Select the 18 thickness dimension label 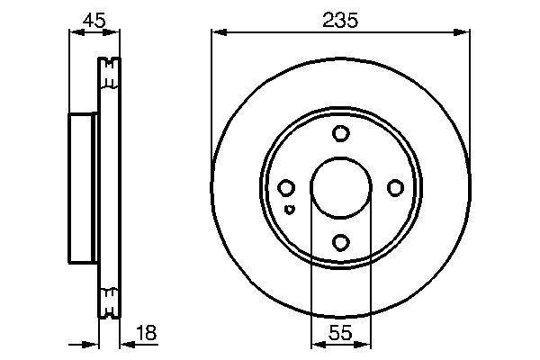coord(145,334)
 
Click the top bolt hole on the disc coord(340,134)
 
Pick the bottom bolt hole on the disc coord(340,242)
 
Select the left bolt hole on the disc coord(286,188)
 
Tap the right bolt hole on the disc coord(394,188)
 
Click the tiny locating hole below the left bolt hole coord(289,210)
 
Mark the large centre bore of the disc coord(340,188)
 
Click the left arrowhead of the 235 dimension coord(217,33)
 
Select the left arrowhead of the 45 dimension coord(75,33)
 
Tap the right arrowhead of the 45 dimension coord(114,33)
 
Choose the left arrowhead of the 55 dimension coord(316,345)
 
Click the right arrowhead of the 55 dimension coord(364,345)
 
